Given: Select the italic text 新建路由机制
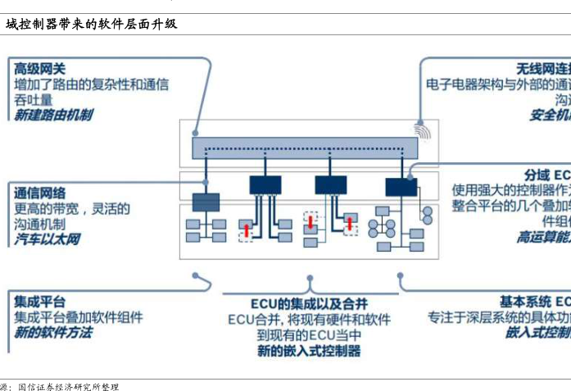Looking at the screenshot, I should pyautogui.click(x=53, y=116).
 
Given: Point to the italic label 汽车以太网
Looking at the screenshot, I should pyautogui.click(x=47, y=239).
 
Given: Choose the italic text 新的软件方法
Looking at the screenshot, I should pyautogui.click(x=53, y=332).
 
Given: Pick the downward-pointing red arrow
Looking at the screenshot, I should pyautogui.click(x=310, y=223).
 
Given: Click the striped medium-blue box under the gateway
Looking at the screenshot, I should pyautogui.click(x=206, y=202).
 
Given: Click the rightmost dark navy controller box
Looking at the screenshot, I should pyautogui.click(x=401, y=185).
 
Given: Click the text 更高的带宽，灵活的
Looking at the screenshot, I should pyautogui.click(x=72, y=209).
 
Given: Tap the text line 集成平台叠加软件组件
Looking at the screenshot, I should pyautogui.click(x=79, y=316).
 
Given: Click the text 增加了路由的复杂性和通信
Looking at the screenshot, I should pyautogui.click(x=92, y=84).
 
